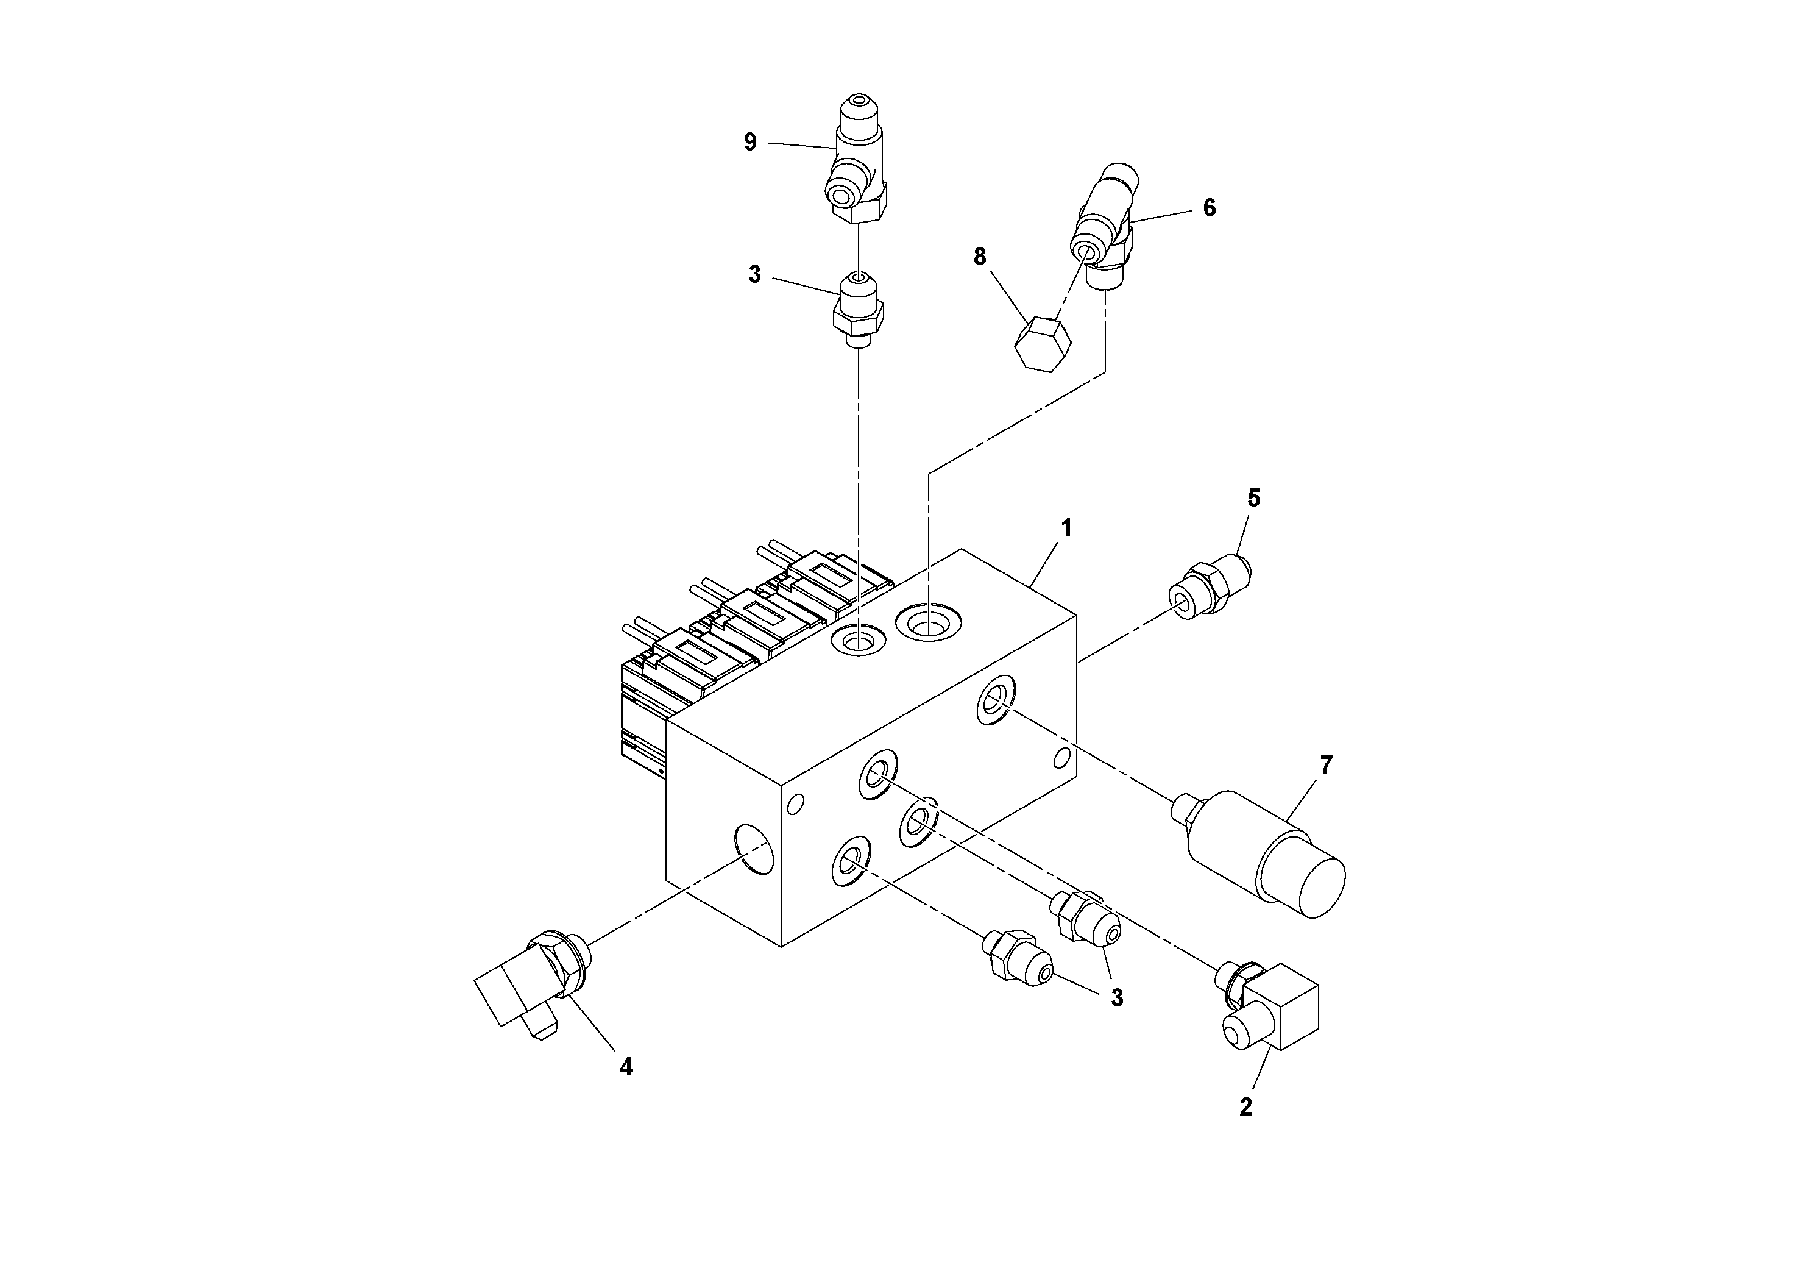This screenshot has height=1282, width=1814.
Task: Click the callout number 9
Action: point(749,142)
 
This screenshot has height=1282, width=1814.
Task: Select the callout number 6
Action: point(1209,208)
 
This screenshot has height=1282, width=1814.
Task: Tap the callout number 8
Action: point(980,257)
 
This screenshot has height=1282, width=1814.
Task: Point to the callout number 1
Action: point(1066,528)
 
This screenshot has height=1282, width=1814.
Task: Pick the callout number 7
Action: point(1326,765)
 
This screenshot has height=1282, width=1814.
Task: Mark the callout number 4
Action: point(626,1067)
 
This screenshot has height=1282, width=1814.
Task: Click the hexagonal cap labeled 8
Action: point(1042,344)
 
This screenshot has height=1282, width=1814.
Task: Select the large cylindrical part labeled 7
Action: point(1264,853)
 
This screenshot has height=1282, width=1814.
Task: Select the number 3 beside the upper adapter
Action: point(754,275)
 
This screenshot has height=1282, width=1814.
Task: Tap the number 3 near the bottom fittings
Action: point(1116,999)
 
